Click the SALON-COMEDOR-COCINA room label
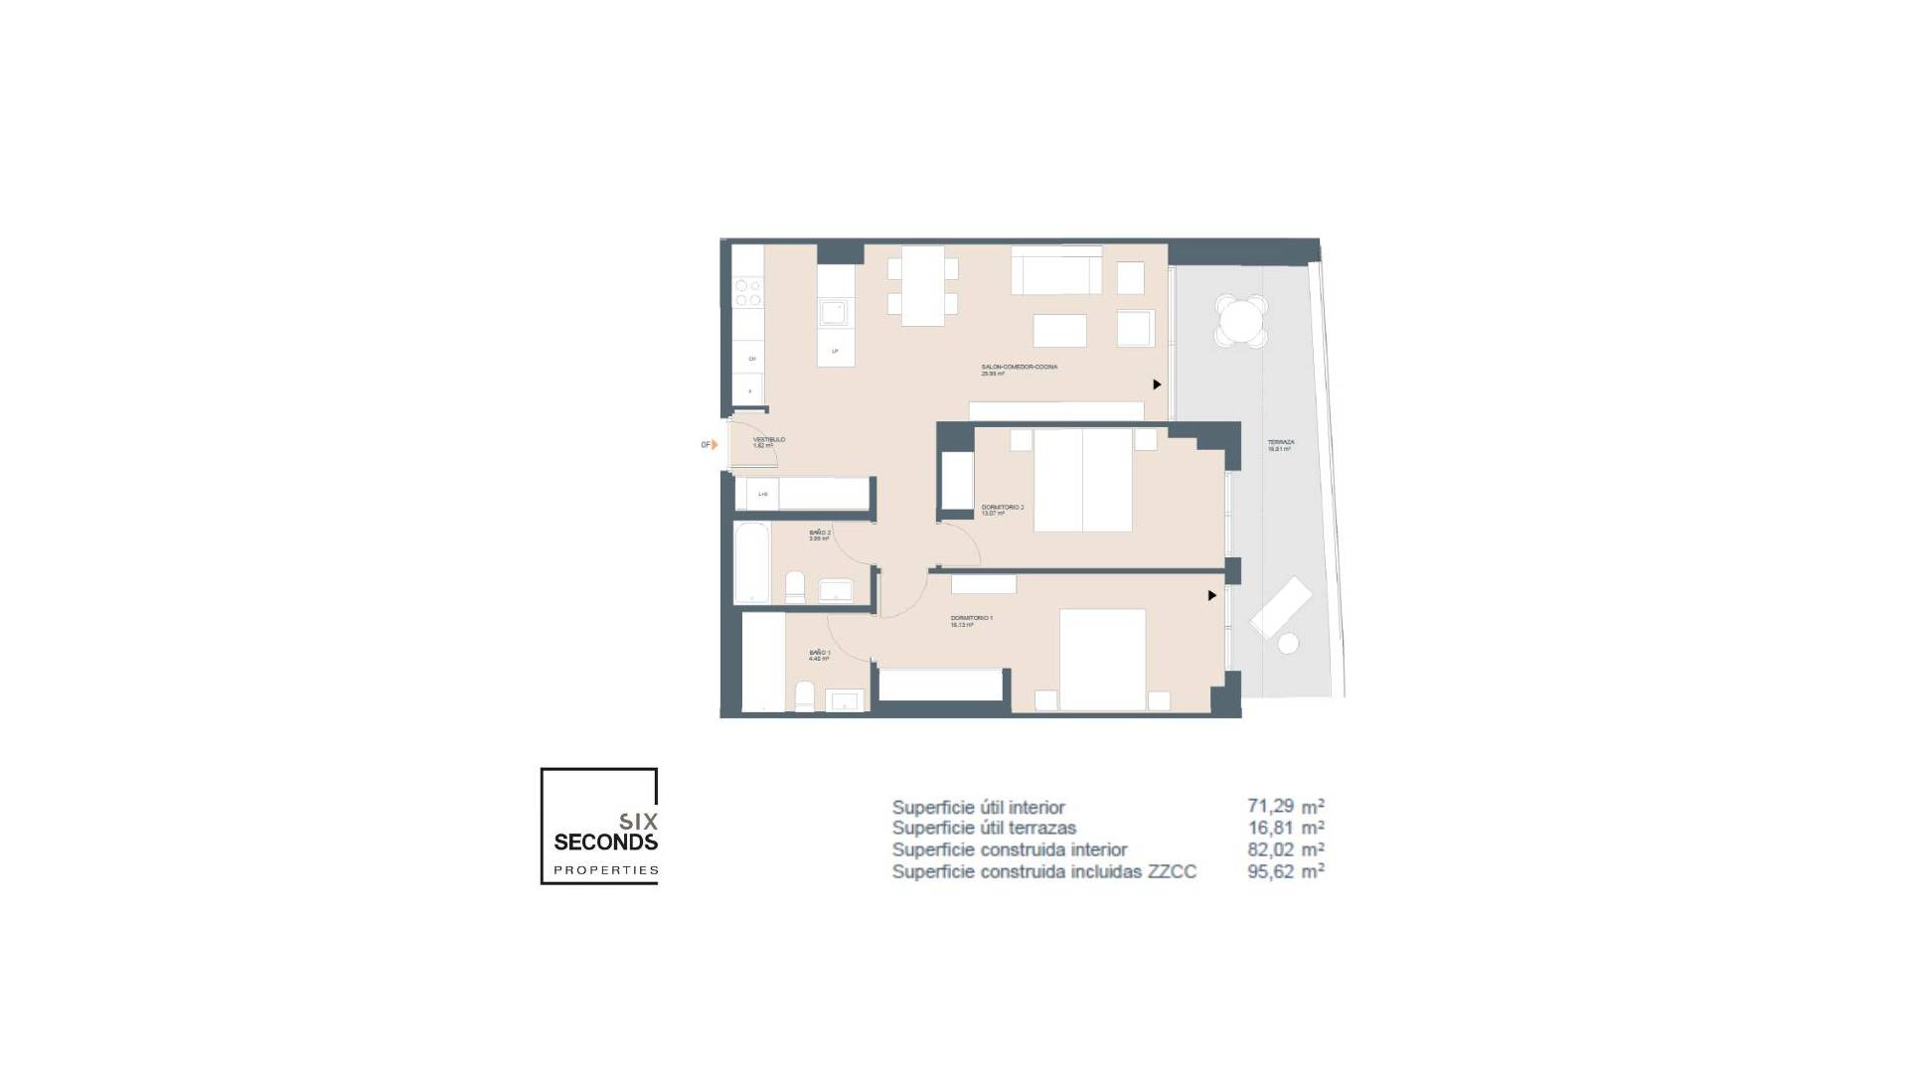click(x=1019, y=368)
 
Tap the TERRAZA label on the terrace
click(x=1280, y=443)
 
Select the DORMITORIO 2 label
click(x=1002, y=508)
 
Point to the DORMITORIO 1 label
click(x=971, y=618)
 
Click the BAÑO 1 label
click(x=819, y=654)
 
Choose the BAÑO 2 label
click(x=819, y=534)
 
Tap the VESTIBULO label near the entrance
click(x=768, y=440)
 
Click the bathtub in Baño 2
click(x=750, y=562)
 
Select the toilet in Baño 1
click(x=804, y=696)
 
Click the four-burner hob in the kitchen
click(x=747, y=293)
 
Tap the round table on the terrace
click(x=1242, y=320)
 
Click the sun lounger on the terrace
click(x=1281, y=607)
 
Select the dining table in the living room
click(x=922, y=286)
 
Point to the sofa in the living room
click(x=1056, y=270)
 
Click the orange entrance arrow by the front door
click(x=714, y=445)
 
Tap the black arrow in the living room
click(x=1157, y=384)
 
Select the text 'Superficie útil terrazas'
click(x=984, y=828)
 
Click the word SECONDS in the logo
click(x=605, y=843)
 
